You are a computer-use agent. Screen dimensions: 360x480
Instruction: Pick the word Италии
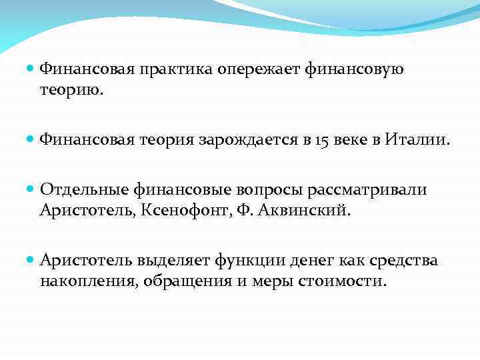pyautogui.click(x=418, y=139)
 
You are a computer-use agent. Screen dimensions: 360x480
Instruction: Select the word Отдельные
pyautogui.click(x=81, y=191)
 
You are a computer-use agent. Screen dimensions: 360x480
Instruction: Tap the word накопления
pyautogui.click(x=86, y=280)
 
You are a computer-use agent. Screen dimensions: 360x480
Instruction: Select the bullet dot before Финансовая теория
pyautogui.click(x=32, y=139)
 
